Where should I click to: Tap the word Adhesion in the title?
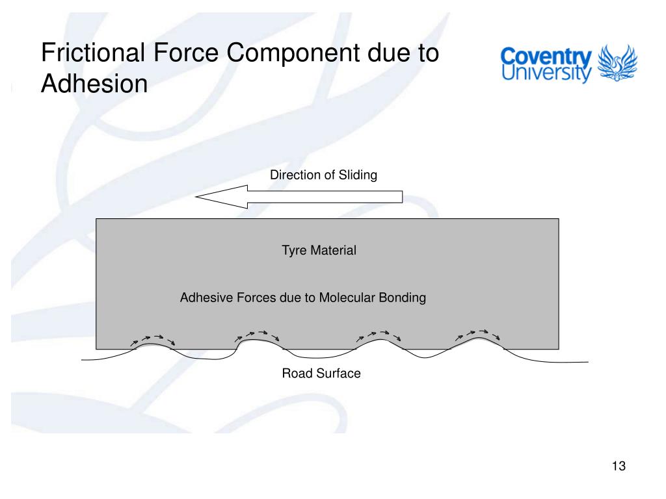coord(94,83)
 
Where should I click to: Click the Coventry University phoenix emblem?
coord(617,64)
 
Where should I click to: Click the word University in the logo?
coord(546,73)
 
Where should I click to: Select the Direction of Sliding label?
coord(323,175)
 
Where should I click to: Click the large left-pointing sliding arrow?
coord(299,196)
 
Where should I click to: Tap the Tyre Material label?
coord(319,250)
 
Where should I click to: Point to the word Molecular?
coord(347,298)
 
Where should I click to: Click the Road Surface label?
coord(321,374)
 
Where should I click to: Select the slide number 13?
coord(618,467)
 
